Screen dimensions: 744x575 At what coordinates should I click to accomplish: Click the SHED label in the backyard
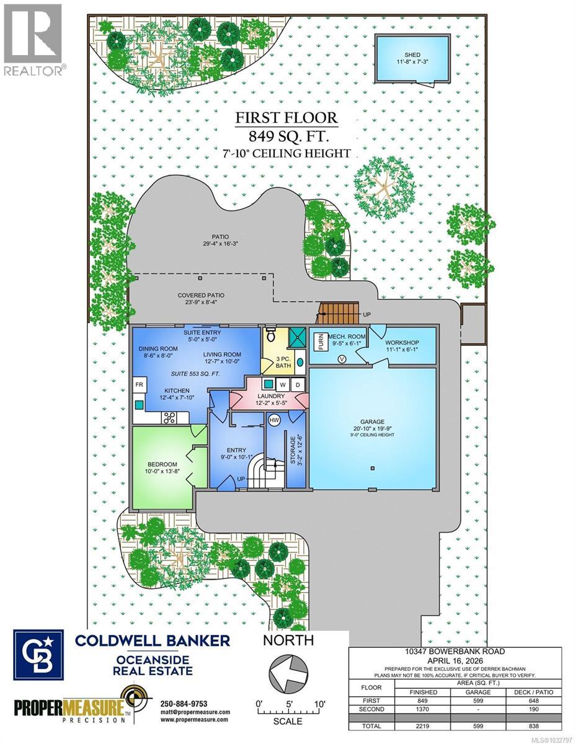412,55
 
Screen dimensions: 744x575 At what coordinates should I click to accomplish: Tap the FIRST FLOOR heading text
287,118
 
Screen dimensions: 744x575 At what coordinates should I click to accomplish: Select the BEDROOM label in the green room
163,464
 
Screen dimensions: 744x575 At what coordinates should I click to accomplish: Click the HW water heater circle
274,420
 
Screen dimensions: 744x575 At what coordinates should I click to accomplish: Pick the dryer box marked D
296,384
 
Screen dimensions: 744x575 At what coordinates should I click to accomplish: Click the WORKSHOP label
402,343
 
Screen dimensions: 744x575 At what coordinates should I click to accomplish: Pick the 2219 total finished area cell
423,725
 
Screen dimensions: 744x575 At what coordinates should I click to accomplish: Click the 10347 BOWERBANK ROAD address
455,652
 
